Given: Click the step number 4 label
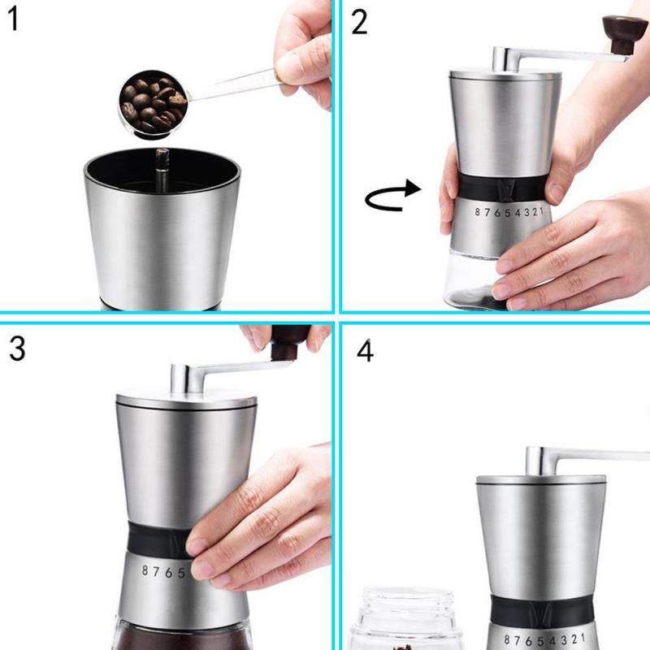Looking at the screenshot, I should pyautogui.click(x=365, y=351).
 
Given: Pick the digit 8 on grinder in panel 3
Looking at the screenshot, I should pyautogui.click(x=146, y=571).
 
